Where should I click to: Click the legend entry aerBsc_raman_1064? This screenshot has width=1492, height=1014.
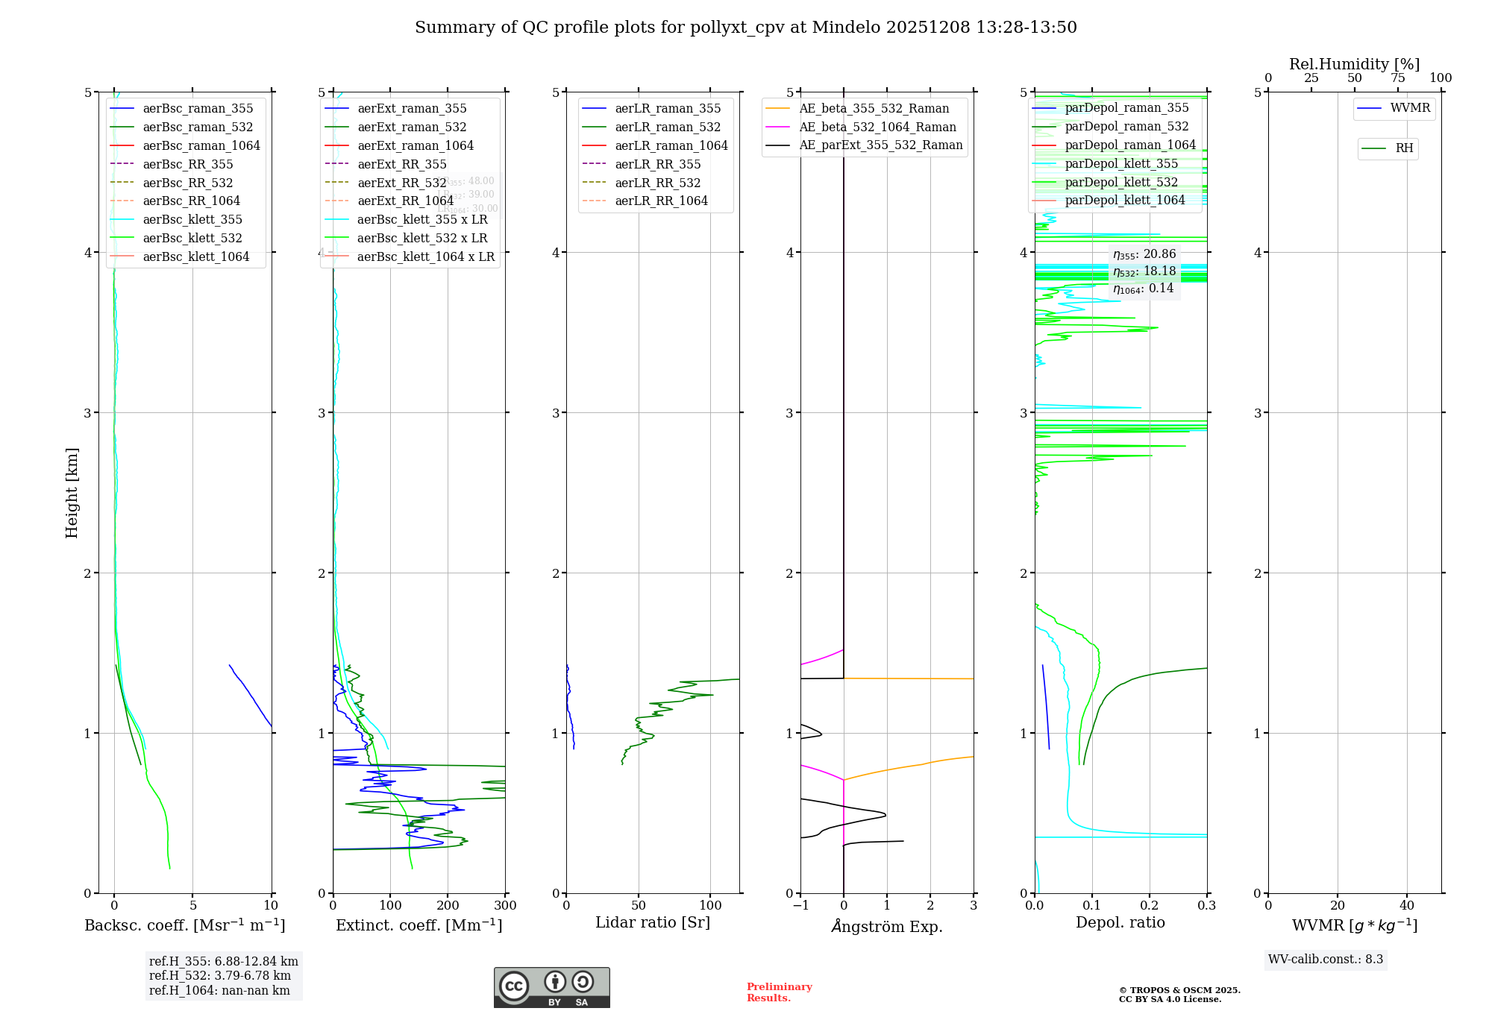coord(201,146)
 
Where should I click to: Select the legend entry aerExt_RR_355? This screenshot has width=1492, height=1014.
coord(401,165)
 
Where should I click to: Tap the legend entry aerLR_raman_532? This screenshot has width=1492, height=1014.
coord(668,127)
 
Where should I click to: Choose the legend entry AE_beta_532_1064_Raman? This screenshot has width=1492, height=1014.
coord(877,127)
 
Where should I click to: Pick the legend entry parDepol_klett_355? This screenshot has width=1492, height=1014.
coord(1121,164)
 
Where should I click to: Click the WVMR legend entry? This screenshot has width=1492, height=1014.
coord(1410,108)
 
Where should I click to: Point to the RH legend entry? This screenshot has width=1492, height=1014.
coord(1404,148)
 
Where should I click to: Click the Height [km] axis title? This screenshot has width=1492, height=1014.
coord(72,493)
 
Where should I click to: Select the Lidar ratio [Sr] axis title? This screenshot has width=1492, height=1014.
coord(653,923)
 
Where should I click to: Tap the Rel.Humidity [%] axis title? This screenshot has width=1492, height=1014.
coord(1354,64)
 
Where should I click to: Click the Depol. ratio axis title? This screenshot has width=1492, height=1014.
coord(1120,923)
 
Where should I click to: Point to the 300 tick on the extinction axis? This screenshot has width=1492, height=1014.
coord(505,906)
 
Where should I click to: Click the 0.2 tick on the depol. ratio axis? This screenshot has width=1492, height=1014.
coord(1150,906)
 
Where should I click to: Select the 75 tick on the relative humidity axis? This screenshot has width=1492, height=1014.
coord(1398,78)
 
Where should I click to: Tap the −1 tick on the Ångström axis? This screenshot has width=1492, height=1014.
coord(800,906)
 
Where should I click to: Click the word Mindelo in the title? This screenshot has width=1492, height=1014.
coord(846,28)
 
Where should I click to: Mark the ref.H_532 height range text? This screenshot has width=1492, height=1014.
coord(220,976)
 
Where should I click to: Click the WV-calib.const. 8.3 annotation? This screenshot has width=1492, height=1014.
coord(1326,960)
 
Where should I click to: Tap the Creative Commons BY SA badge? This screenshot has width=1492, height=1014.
coord(551,988)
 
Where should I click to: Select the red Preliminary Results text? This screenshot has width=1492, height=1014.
coord(779,992)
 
